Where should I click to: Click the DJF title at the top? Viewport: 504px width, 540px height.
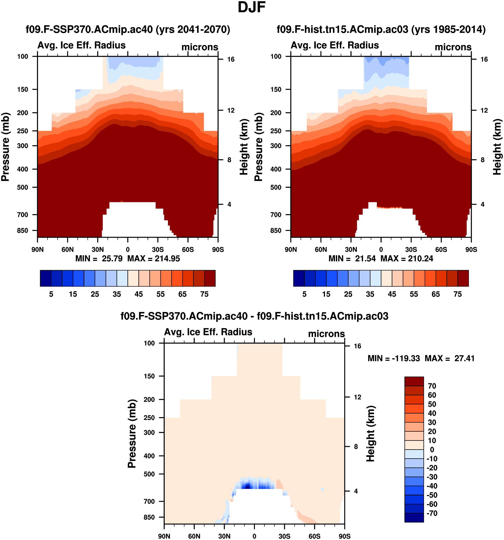[x=252, y=8]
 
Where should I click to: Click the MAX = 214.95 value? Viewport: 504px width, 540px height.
[x=154, y=258]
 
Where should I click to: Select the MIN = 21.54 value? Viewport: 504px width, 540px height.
[x=352, y=258]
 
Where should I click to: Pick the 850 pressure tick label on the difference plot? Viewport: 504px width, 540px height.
[x=149, y=517]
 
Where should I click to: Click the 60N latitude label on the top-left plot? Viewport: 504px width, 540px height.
[x=68, y=249]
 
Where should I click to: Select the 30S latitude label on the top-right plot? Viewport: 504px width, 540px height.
[x=411, y=249]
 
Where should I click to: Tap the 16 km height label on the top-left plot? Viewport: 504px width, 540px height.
[x=231, y=59]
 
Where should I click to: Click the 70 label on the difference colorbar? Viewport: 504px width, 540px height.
[x=432, y=386]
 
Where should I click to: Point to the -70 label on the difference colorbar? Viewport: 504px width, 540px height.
[x=432, y=513]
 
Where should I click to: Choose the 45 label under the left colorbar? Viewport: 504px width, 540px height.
[x=139, y=294]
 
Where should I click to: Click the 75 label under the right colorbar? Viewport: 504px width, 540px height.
[x=458, y=294]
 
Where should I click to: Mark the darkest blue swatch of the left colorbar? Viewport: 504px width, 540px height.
[x=45, y=278]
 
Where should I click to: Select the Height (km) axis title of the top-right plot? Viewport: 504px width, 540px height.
[x=497, y=147]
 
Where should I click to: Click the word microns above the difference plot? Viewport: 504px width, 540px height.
[x=326, y=334]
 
